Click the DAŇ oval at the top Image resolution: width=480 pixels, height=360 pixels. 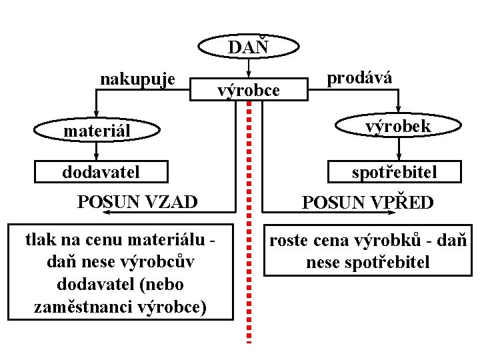click(248, 47)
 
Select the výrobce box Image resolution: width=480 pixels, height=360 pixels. click(249, 89)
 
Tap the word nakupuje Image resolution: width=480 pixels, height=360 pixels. click(137, 79)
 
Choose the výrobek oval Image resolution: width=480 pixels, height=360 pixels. click(398, 126)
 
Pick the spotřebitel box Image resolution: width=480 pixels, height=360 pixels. click(395, 172)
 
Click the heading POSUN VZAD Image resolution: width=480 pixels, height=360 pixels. click(137, 201)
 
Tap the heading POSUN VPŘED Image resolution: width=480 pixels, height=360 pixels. click(368, 202)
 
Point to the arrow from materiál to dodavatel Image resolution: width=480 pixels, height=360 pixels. click(97, 151)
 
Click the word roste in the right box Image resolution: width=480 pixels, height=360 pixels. click(290, 241)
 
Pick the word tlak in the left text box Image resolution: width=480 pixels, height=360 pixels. click(39, 238)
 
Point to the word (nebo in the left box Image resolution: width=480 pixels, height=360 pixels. click(159, 284)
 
